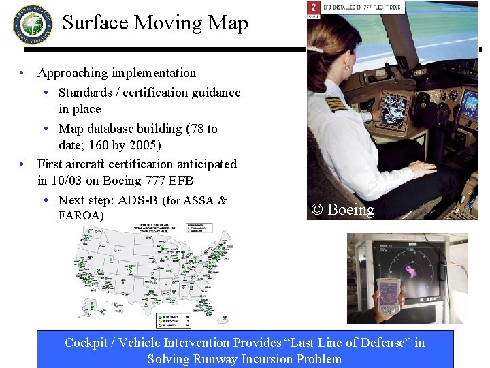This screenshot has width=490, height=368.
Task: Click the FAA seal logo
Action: tap(32, 24)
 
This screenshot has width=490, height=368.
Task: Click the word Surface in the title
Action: tap(95, 22)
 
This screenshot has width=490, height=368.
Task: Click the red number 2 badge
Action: tap(313, 7)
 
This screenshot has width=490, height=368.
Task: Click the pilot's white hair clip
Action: tap(317, 50)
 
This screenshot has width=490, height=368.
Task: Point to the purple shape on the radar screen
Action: tap(412, 271)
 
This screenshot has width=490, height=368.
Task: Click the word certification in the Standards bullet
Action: tap(167, 92)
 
